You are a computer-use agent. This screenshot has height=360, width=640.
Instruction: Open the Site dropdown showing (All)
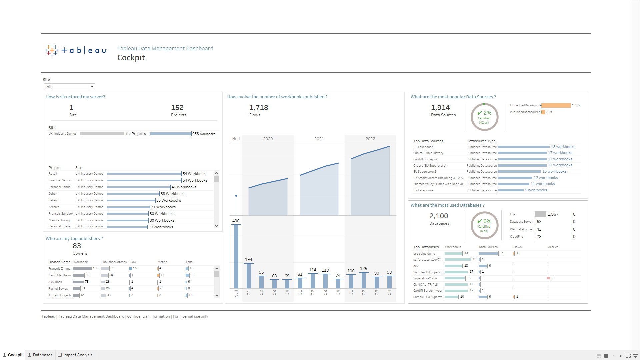[x=69, y=87]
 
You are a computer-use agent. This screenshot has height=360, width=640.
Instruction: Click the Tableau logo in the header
[x=76, y=50]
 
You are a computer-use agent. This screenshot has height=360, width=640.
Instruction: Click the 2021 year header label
[x=319, y=139]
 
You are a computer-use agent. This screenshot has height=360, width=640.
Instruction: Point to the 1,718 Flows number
[x=259, y=108]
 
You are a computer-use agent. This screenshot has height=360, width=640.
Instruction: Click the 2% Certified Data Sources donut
[x=484, y=117]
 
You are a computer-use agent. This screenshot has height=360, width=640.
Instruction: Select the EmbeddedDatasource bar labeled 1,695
[x=556, y=105]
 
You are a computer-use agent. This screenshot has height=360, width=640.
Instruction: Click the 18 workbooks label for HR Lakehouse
[x=563, y=147]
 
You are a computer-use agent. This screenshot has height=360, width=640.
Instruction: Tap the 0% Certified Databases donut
[x=484, y=225]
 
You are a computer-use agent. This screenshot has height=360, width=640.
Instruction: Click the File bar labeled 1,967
[x=540, y=214]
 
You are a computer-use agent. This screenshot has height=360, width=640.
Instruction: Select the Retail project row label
[x=53, y=174]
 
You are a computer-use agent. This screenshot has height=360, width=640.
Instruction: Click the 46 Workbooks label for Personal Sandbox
[x=184, y=187]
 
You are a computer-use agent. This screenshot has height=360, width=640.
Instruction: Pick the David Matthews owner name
[x=60, y=275]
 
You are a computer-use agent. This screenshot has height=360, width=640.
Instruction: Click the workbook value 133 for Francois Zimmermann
[x=96, y=268]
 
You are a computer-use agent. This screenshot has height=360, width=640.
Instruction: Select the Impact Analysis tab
[x=75, y=355]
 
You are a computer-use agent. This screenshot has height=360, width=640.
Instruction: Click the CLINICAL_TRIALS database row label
[x=425, y=285]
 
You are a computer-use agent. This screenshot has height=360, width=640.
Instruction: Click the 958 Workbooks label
[x=204, y=134]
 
